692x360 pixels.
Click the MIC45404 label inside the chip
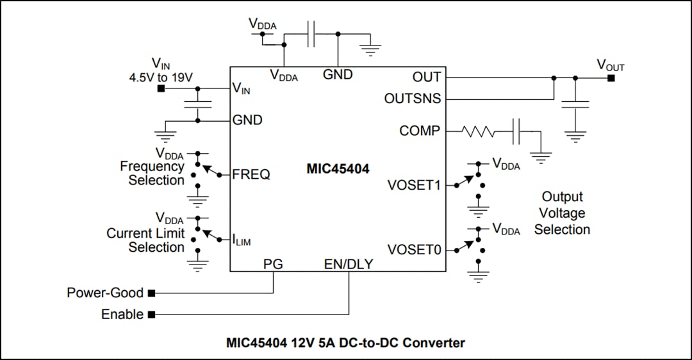[338, 169]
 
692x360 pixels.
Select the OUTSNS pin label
[412, 99]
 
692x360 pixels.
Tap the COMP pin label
[420, 131]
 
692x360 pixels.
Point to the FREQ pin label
[251, 174]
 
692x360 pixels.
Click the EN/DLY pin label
[349, 263]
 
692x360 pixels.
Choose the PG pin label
[273, 263]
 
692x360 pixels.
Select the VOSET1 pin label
[414, 185]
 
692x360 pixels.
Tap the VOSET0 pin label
[414, 249]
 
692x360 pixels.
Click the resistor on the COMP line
[478, 132]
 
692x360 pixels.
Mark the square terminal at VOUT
[611, 78]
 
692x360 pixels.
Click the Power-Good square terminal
[152, 293]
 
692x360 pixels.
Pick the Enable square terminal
[152, 315]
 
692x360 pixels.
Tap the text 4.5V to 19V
[161, 77]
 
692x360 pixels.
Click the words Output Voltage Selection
[562, 213]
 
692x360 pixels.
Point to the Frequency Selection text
[152, 173]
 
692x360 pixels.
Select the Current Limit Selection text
[145, 240]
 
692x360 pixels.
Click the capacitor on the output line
[575, 104]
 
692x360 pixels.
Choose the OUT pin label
[427, 77]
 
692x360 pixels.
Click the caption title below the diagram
[345, 343]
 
